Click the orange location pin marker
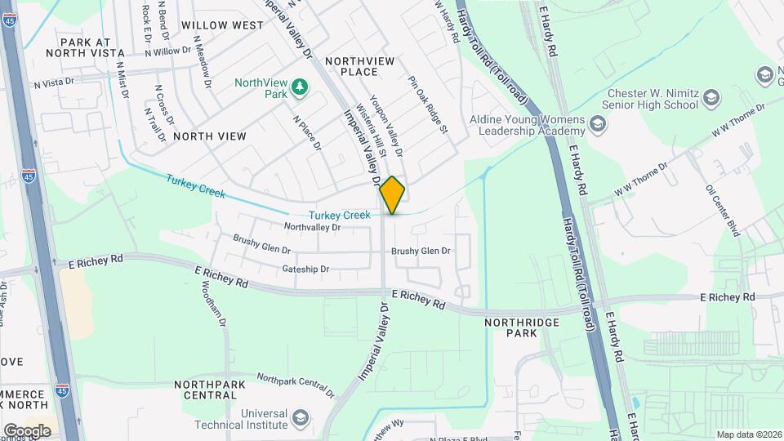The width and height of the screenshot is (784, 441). [393, 194]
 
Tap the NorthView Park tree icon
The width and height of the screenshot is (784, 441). [301, 87]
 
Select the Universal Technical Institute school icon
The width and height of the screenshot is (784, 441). [301, 419]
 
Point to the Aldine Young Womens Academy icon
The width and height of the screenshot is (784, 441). [598, 124]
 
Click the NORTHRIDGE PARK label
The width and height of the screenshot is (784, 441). [522, 327]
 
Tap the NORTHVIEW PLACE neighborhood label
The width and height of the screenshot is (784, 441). [360, 67]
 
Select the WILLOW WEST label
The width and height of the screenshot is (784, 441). [222, 25]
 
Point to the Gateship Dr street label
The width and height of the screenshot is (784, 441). [305, 269]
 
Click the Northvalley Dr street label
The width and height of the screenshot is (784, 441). [311, 226]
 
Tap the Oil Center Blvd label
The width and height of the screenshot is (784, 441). [724, 210]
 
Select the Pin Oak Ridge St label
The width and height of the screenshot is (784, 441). [429, 105]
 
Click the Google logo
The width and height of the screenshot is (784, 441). [26, 430]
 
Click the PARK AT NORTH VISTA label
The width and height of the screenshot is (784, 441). [86, 47]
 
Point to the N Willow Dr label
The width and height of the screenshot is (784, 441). [167, 51]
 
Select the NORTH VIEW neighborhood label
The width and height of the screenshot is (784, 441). [209, 136]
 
